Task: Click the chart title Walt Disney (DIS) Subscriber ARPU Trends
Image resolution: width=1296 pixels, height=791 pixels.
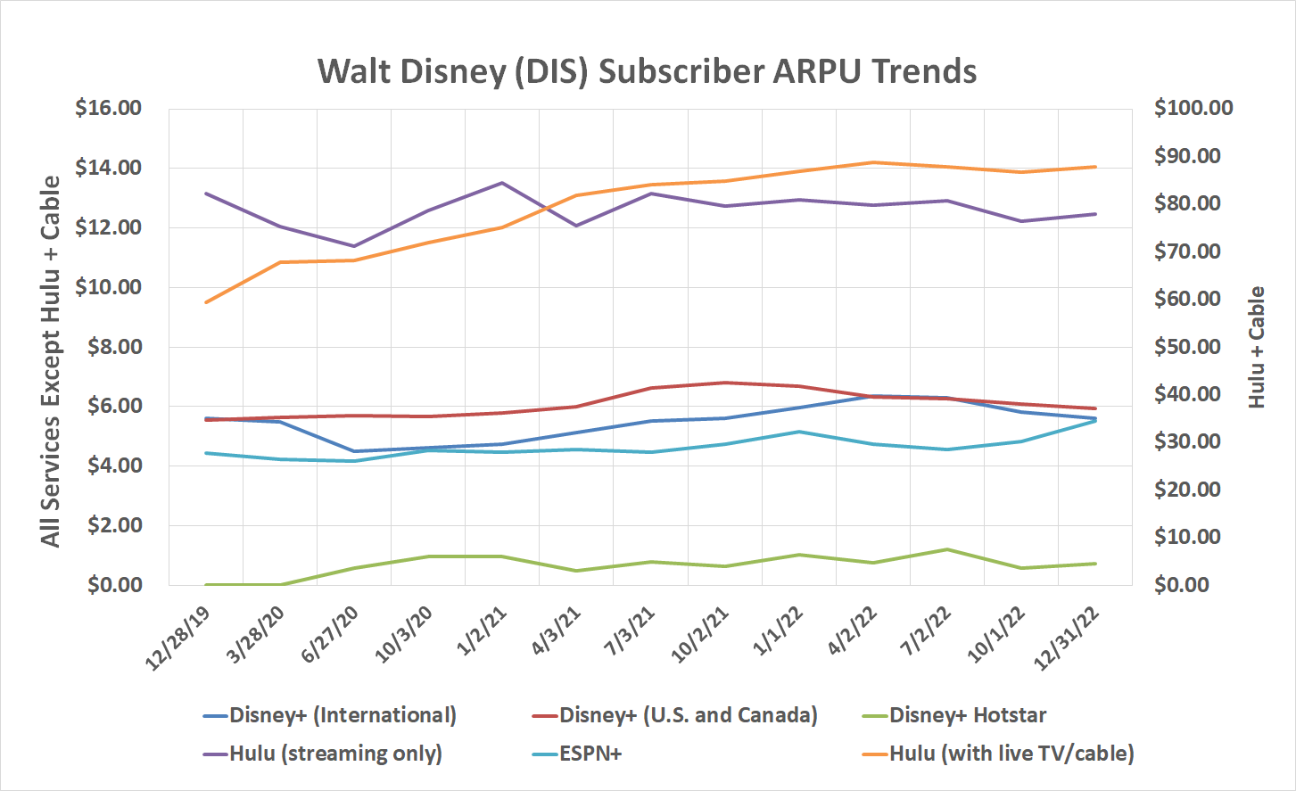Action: [647, 71]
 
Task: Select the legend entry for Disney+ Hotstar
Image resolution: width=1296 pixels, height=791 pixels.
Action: [967, 715]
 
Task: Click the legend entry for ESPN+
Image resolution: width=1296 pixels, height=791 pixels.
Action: [590, 754]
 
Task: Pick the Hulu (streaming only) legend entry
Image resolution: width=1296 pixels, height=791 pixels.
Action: [334, 754]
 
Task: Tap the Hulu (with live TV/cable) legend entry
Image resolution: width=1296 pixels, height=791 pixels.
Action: [1011, 754]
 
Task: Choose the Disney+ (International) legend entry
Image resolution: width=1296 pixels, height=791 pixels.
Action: [342, 715]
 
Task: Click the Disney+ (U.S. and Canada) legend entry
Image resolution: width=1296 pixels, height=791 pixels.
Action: [688, 715]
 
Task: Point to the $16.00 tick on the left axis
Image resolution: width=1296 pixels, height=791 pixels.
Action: [109, 108]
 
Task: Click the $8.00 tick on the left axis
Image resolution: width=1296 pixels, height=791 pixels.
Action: [113, 347]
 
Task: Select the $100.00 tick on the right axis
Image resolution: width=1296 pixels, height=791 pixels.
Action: [1193, 108]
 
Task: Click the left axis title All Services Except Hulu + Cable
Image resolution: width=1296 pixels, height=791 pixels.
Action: [51, 361]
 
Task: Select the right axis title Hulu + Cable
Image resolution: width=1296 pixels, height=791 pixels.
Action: [1257, 347]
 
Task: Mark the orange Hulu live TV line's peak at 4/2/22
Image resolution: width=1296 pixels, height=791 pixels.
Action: [873, 162]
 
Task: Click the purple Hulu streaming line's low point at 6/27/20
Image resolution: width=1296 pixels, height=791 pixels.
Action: [354, 246]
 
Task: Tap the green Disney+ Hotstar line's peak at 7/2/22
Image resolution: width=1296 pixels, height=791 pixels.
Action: [947, 549]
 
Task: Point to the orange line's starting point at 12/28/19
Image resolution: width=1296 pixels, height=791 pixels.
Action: [206, 302]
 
